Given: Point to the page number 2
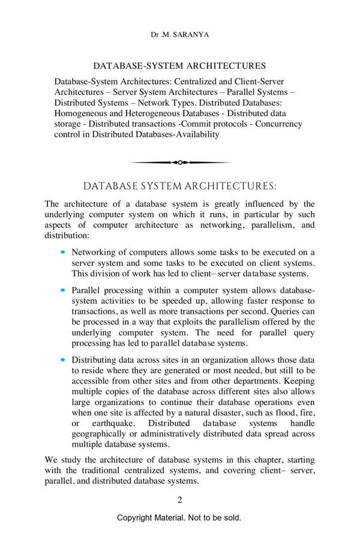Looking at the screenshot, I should tap(179, 500).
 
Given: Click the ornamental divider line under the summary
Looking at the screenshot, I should tap(179, 162).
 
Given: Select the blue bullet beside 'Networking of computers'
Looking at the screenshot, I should tap(63, 253).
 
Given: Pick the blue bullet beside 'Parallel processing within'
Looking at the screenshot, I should tap(63, 289).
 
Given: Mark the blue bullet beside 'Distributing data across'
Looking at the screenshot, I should tap(63, 359).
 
